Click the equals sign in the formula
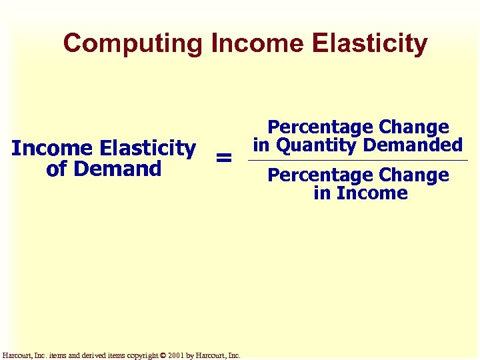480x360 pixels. [x=224, y=159]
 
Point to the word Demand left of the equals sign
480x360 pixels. [x=117, y=169]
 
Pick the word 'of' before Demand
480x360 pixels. [x=58, y=169]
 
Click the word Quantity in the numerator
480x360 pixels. [x=313, y=145]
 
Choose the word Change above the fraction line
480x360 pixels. [x=413, y=127]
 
